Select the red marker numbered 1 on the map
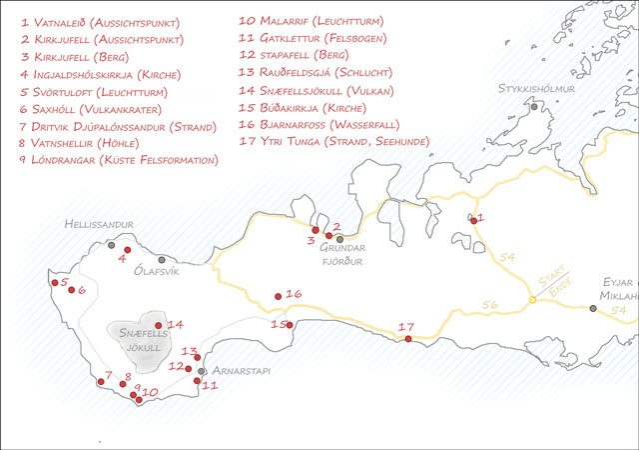(x=473, y=220)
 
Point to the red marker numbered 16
(x=279, y=295)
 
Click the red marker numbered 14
(x=159, y=325)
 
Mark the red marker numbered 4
(x=128, y=250)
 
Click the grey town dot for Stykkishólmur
(x=535, y=106)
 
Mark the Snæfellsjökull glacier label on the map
(x=139, y=340)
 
